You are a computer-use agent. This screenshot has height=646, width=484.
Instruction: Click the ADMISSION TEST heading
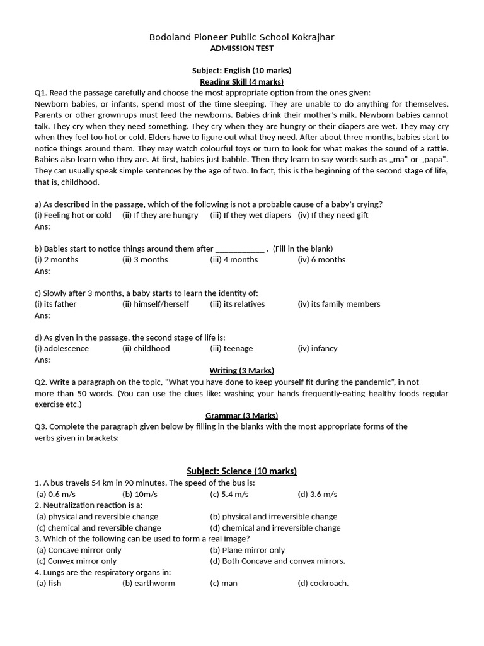tap(241, 49)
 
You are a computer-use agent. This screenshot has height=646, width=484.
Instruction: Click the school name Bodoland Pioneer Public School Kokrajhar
tap(241, 37)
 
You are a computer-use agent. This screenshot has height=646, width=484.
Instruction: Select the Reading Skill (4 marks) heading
tap(241, 81)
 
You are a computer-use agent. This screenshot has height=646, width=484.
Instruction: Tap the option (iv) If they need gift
tap(333, 215)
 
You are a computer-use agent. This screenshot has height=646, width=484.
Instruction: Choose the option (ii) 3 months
tap(145, 259)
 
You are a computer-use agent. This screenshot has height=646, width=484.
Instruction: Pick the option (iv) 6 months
tap(321, 259)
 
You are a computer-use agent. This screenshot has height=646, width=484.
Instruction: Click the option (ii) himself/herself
tap(155, 303)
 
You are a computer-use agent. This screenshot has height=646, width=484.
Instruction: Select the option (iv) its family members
tap(338, 303)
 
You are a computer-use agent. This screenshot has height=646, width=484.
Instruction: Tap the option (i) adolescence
tap(62, 348)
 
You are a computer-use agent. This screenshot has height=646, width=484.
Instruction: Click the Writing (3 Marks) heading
tap(241, 370)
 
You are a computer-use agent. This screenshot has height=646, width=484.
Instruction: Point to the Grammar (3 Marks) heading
tap(241, 415)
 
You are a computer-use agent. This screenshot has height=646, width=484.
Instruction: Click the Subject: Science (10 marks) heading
tap(241, 471)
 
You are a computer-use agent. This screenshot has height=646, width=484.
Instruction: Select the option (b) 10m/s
tap(140, 494)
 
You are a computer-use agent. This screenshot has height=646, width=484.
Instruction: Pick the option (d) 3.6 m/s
tap(317, 494)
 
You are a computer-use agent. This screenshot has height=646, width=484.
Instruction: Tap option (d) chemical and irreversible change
tap(275, 527)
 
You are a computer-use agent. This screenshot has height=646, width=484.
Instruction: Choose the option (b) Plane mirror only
tap(247, 550)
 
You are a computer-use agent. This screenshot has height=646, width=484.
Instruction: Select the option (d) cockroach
tap(323, 583)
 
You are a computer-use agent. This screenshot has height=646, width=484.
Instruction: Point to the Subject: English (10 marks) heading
tap(241, 71)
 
